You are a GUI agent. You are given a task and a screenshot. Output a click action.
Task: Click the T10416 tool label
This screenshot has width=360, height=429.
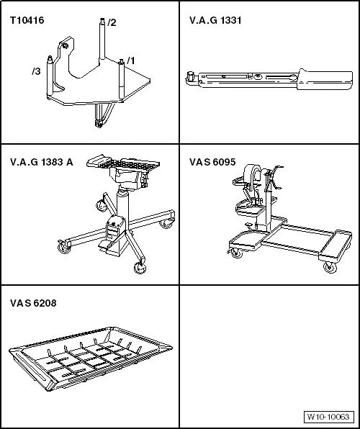point(27,20)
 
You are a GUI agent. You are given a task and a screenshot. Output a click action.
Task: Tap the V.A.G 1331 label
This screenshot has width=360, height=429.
point(215,20)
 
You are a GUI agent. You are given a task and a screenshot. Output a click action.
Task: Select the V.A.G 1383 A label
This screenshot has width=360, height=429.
point(42,162)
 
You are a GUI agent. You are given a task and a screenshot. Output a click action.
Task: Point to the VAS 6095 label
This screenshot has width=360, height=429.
point(212,162)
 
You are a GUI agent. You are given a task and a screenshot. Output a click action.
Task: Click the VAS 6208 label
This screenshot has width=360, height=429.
point(33,303)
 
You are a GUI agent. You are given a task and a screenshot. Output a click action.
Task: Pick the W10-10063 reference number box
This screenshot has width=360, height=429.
point(328,417)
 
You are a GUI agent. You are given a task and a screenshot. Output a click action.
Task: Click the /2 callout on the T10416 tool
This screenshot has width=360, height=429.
point(112,22)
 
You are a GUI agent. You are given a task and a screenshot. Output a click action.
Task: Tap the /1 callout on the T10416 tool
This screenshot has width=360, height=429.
point(131,60)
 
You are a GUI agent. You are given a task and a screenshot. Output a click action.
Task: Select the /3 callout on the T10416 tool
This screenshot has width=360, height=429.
point(36,71)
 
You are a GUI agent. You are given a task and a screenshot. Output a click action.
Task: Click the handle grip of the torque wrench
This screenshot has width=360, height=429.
point(325,80)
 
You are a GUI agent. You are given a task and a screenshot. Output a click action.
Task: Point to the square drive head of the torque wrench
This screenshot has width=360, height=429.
point(189,76)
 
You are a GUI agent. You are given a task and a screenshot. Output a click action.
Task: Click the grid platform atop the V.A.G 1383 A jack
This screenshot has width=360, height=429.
point(123,163)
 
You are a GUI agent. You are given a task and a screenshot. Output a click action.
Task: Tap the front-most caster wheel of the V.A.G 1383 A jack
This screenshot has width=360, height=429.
point(140,268)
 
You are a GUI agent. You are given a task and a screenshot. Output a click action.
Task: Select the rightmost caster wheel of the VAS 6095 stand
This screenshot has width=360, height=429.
point(330,267)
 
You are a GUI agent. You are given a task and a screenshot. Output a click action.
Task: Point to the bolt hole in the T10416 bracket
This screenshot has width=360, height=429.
point(65,46)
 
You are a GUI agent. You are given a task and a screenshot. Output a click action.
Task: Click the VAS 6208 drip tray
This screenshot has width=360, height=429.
point(91,358)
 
